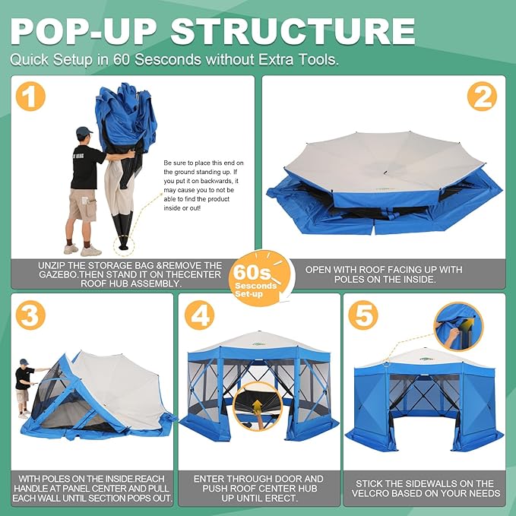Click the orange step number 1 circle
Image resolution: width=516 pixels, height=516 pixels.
[30, 97]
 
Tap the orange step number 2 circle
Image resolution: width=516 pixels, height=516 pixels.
[482, 97]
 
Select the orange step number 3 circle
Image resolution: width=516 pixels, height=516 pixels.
[30, 315]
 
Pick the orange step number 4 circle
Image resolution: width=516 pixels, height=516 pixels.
[199, 315]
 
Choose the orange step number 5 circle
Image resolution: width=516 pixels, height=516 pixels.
[363, 315]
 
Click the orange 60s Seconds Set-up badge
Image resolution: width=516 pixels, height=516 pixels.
[261, 279]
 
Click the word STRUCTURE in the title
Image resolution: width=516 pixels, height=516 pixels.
[293, 31]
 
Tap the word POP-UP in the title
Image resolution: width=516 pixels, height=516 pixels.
[84, 31]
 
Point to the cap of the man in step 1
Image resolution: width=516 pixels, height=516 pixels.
[84, 131]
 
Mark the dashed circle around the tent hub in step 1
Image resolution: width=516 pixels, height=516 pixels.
[124, 245]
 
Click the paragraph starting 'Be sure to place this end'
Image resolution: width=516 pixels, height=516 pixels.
[204, 185]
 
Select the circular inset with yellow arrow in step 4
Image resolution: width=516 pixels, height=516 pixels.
[258, 407]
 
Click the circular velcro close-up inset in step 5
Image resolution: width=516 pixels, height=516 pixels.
[458, 327]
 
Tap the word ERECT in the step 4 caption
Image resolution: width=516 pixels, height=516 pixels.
[282, 498]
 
